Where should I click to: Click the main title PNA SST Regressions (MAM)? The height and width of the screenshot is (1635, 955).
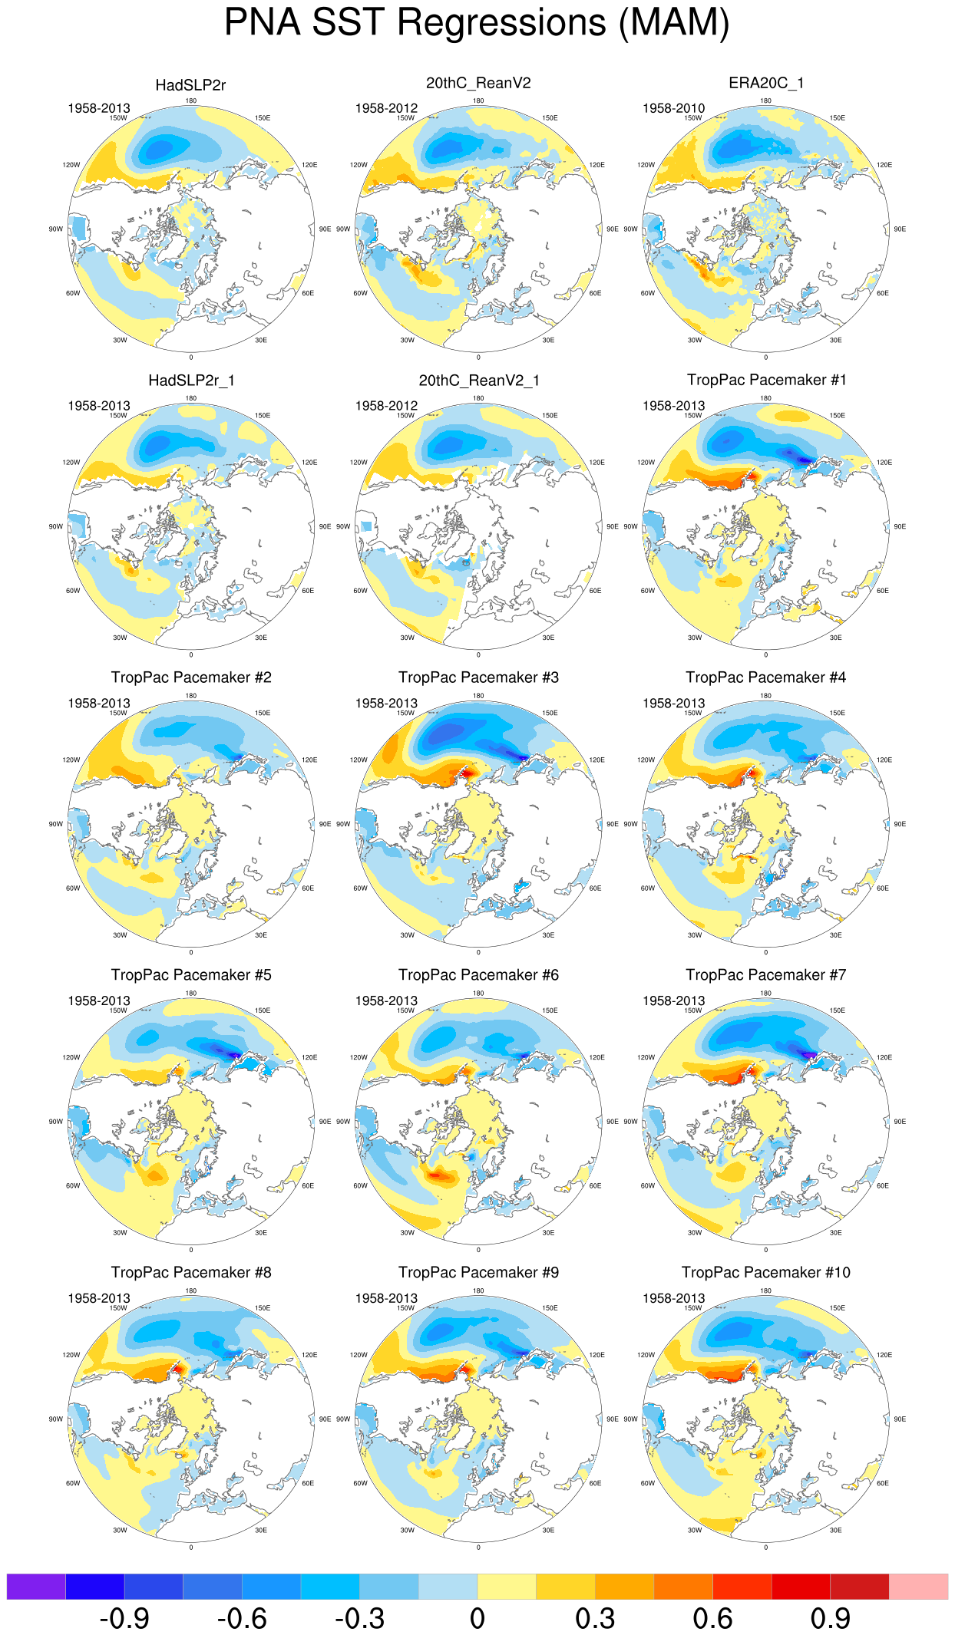tap(477, 22)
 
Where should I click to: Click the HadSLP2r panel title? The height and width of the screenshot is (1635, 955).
tap(190, 85)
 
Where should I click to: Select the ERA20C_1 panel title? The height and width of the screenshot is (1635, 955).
tap(766, 83)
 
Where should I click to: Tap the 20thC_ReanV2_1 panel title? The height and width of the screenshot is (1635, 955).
tap(479, 381)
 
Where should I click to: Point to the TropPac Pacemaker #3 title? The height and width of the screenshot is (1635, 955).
tap(478, 677)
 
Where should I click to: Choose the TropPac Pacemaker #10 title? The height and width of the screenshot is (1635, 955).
tap(766, 1273)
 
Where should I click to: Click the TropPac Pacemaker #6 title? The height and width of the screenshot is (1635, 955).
tap(478, 975)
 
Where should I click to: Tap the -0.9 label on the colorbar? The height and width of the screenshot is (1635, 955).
tap(124, 1619)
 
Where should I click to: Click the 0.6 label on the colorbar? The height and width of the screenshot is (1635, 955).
tap(712, 1619)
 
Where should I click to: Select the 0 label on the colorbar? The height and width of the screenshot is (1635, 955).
tap(477, 1619)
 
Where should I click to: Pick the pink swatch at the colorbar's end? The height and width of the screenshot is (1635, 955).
tap(918, 1587)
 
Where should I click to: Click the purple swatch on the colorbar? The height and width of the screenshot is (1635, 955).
tap(36, 1587)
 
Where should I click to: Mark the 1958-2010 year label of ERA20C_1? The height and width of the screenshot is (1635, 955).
tap(673, 108)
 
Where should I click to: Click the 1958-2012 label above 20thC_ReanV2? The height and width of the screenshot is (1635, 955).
tap(386, 108)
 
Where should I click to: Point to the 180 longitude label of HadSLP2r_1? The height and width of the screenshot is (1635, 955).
tap(191, 398)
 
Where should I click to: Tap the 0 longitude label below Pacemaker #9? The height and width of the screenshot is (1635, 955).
tap(478, 1548)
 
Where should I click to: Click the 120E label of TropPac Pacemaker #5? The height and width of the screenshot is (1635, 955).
tap(309, 1057)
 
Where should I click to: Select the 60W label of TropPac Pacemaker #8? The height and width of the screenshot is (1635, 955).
tap(73, 1483)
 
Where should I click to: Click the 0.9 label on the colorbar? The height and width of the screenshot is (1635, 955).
tap(830, 1619)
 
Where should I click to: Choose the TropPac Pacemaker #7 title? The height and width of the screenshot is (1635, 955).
tap(766, 975)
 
